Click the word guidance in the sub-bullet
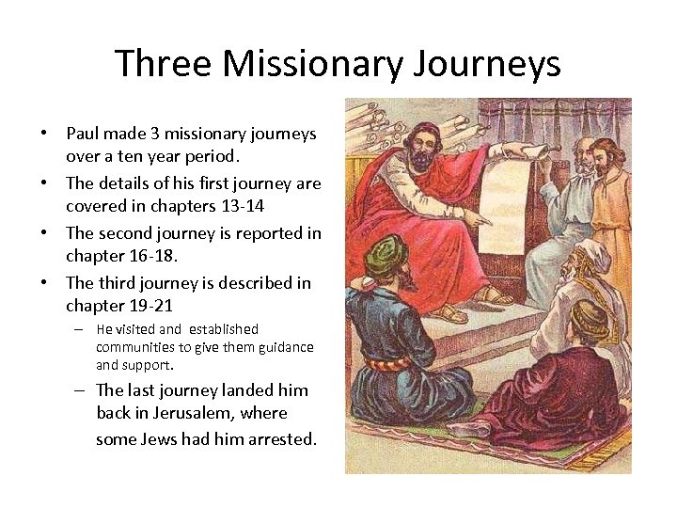pyautogui.click(x=281, y=347)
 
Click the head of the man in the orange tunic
pyautogui.click(x=607, y=156)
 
